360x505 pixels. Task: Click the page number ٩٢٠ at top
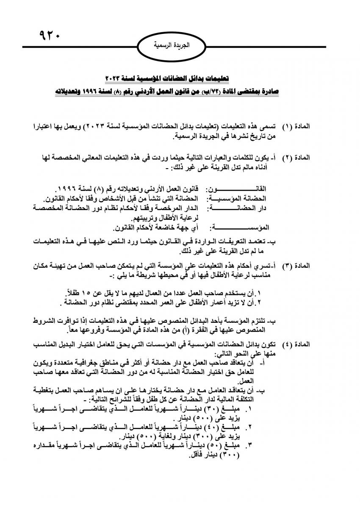[50, 34]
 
